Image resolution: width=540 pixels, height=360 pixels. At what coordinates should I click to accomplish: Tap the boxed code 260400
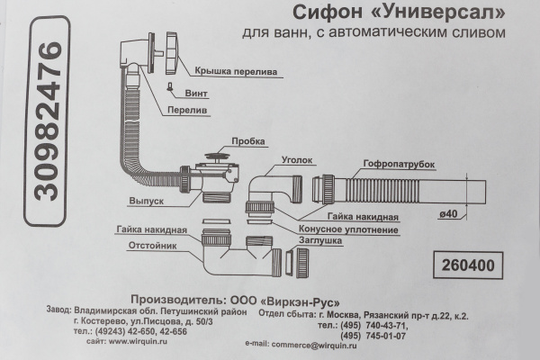(x=468, y=267)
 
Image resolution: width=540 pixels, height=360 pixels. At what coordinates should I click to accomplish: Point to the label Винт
(x=197, y=92)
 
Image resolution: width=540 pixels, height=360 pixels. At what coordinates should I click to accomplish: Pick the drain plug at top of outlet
(x=216, y=159)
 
